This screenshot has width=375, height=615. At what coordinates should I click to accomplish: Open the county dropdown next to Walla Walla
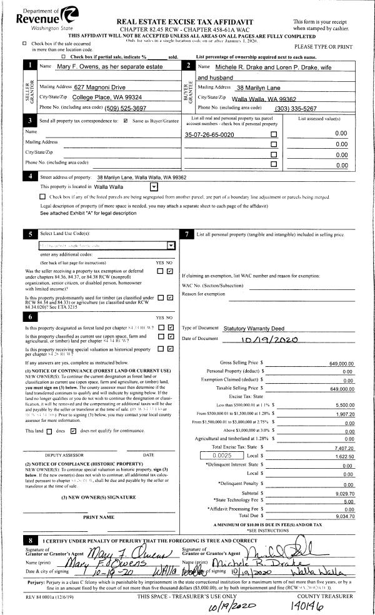[x=154, y=186]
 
